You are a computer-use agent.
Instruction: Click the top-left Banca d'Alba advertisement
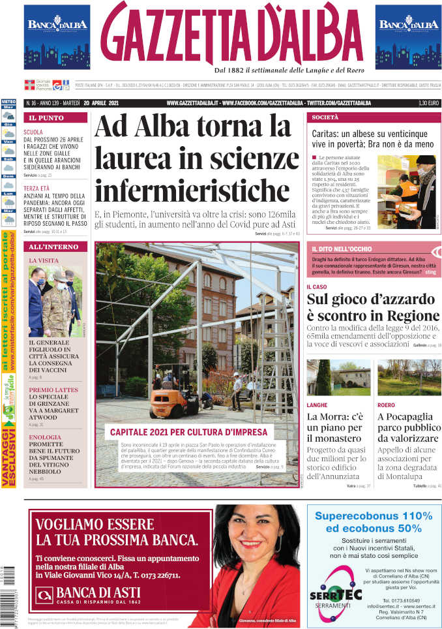pos(57,37)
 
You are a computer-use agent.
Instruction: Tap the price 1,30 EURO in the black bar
pos(428,103)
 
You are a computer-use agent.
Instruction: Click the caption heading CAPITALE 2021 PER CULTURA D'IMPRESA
pos(188,432)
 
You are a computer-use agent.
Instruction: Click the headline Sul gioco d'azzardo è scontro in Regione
pos(373,308)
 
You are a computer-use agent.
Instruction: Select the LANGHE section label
pos(317,405)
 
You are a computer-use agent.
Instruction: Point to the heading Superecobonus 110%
pos(374,515)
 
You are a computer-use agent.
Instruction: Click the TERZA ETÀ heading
pos(37,188)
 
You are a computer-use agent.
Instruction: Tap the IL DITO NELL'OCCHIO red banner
pos(342,249)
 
